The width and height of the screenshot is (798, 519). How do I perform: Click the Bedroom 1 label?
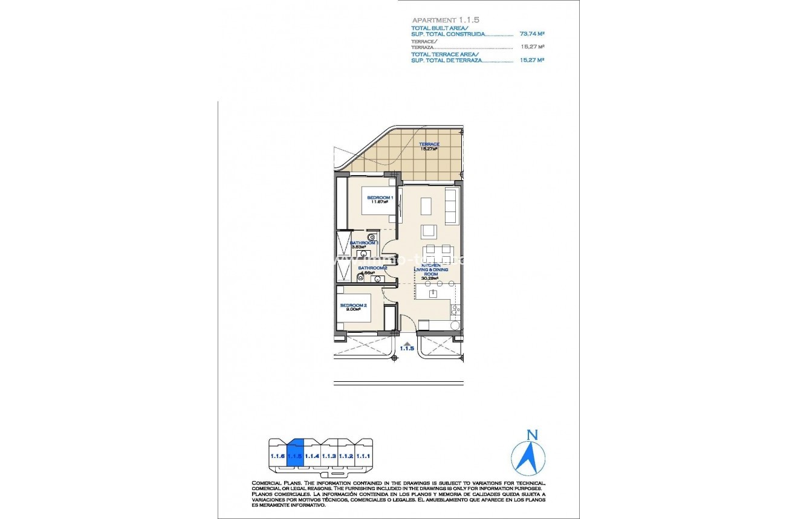pyautogui.click(x=378, y=198)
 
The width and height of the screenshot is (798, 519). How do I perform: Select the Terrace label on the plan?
pyautogui.click(x=429, y=144)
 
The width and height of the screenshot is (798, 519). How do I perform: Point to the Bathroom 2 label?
pyautogui.click(x=372, y=268)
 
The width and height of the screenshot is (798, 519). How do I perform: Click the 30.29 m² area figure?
pyautogui.click(x=430, y=278)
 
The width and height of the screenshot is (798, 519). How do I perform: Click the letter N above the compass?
pyautogui.click(x=532, y=434)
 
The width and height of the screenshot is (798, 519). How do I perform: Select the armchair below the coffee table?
pyautogui.click(x=429, y=231)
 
